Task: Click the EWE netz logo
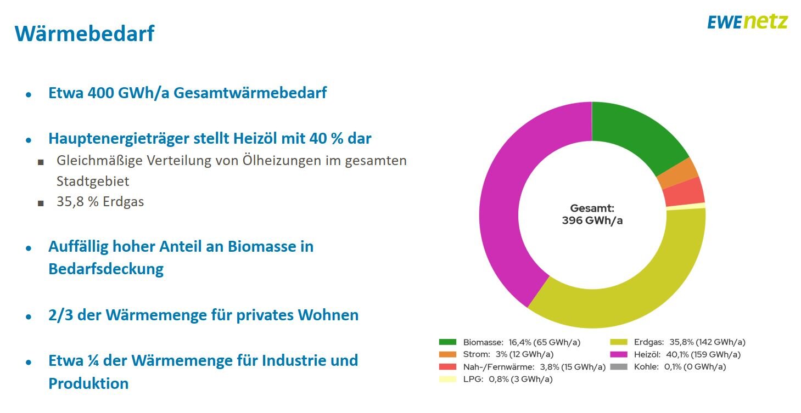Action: tap(747, 22)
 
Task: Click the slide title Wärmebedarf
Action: tap(85, 33)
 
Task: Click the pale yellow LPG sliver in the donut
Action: tap(686, 206)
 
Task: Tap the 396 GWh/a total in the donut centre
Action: tap(592, 220)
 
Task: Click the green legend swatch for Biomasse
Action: tap(447, 342)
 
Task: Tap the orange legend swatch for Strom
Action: tap(447, 354)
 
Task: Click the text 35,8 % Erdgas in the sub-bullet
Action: tap(100, 202)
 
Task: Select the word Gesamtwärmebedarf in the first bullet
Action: tap(250, 93)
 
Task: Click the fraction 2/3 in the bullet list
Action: tap(59, 315)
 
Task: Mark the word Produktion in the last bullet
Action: tap(88, 383)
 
